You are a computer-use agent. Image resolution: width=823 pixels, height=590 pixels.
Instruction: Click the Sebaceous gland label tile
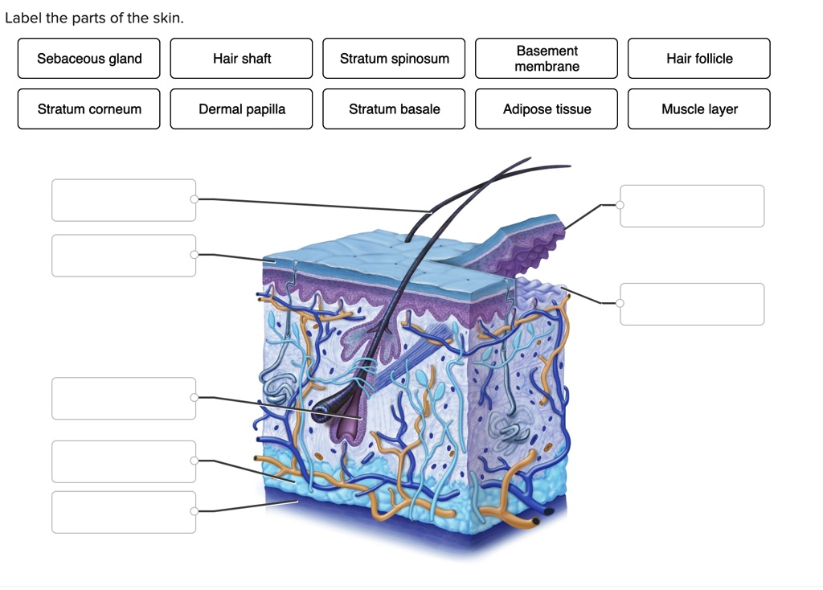pos(88,58)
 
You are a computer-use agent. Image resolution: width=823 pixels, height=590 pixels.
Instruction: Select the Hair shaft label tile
pos(241,58)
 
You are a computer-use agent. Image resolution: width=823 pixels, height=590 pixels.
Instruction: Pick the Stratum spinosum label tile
pos(394,58)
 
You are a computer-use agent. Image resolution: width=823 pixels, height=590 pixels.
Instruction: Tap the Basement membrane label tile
pos(547,58)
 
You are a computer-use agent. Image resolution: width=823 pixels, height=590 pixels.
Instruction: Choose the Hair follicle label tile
pos(699,58)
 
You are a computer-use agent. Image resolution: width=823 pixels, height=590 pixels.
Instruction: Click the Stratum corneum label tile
pos(88,109)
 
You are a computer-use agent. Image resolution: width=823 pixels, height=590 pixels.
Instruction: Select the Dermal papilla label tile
pos(241,109)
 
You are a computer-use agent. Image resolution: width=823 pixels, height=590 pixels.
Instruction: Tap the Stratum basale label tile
pos(394,109)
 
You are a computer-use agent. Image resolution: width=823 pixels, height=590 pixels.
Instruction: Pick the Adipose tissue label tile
pos(547,109)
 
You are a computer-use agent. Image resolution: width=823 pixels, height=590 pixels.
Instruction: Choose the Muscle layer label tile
pos(699,109)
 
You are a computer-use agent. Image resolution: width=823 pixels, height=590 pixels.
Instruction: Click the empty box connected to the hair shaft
pos(124,200)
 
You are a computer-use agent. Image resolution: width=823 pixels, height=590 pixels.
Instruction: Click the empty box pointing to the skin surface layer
pos(124,256)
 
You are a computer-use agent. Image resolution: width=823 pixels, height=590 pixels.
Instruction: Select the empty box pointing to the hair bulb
pos(124,399)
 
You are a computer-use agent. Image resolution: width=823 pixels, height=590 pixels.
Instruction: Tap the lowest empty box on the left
pos(124,512)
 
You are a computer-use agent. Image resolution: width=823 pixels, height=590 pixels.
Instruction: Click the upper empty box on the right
pos(692,206)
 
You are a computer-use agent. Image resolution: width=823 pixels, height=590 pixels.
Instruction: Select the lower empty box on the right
pos(692,304)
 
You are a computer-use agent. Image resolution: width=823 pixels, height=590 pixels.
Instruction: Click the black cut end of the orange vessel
pos(535,521)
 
